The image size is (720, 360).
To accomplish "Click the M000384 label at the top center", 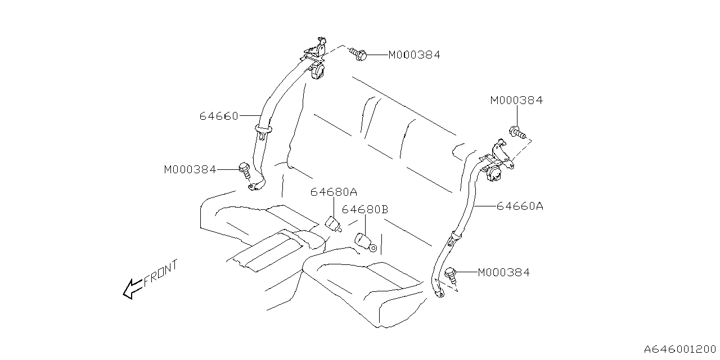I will [x=414, y=55].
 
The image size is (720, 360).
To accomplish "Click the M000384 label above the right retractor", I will [x=516, y=101].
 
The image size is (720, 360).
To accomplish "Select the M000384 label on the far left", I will [x=190, y=169].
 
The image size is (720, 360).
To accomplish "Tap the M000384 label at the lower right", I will [x=503, y=273].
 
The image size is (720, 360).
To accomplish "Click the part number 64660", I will [x=218, y=116].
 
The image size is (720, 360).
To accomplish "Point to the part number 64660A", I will [x=520, y=206].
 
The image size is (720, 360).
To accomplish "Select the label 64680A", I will [x=334, y=192].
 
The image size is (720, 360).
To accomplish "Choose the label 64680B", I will [x=365, y=210].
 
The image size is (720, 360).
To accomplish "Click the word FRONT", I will [x=161, y=274].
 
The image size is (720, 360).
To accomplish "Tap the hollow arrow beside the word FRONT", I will [x=133, y=289].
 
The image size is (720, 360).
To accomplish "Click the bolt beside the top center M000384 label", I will [x=358, y=55].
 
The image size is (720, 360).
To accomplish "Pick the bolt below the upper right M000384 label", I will [x=517, y=133].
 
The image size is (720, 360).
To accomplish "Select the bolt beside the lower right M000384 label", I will [x=451, y=274].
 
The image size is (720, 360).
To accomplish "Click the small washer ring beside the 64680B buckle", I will [x=373, y=248].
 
